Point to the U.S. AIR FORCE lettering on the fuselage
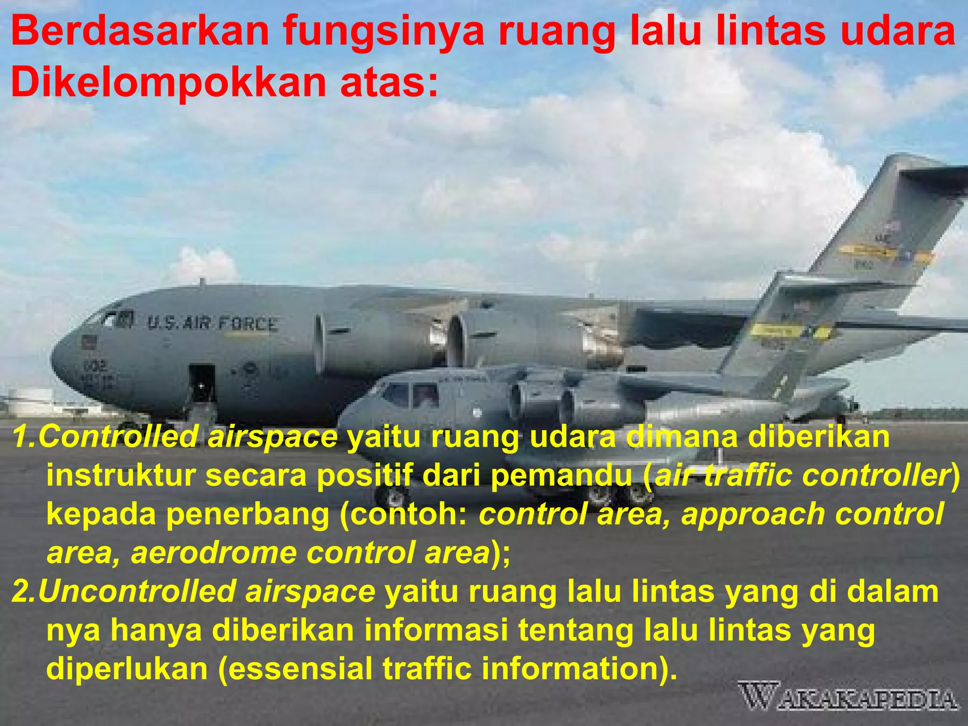(212, 324)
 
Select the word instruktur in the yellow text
(121, 475)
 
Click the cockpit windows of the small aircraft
(410, 395)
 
